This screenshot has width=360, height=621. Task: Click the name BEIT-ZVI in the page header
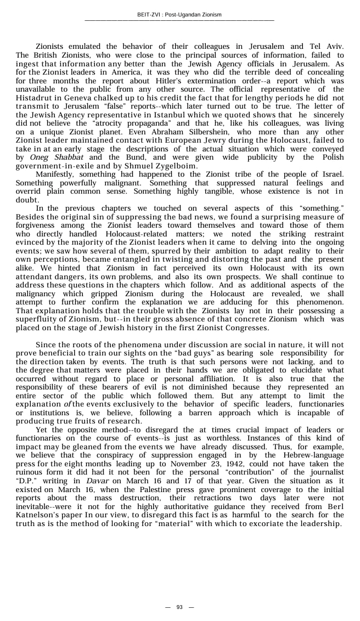[149, 15]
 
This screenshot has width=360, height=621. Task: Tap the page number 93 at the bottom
[179, 607]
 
